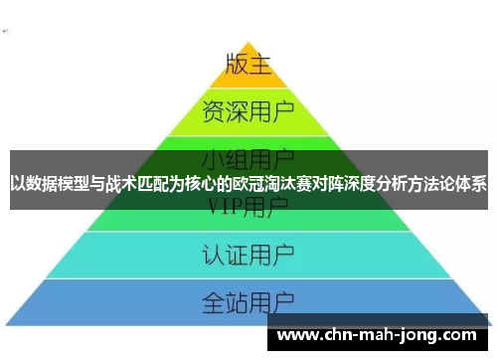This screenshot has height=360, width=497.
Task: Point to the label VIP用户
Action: tap(248, 207)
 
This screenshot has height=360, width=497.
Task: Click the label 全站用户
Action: tap(248, 300)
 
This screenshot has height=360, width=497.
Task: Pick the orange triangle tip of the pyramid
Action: tap(248, 45)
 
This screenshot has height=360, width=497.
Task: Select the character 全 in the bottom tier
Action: tap(214, 300)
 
